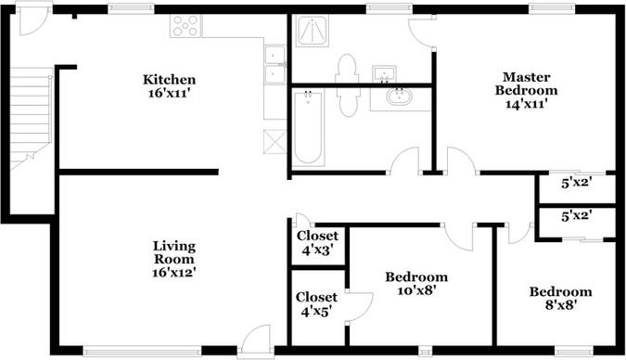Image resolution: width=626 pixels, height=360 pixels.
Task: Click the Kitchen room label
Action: (x=168, y=79)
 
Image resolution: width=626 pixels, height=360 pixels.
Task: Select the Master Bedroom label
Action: (x=526, y=84)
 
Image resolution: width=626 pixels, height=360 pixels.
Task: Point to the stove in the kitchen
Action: (x=185, y=26)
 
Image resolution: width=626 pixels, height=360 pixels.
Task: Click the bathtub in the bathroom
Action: (x=307, y=127)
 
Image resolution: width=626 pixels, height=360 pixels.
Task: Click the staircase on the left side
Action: (x=31, y=116)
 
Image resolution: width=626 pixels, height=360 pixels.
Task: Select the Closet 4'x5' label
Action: (x=316, y=303)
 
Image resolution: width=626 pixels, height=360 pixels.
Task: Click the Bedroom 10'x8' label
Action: (x=416, y=283)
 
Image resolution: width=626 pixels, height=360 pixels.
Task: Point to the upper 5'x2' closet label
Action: (x=576, y=183)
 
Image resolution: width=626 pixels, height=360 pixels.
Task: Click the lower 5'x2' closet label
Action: (x=576, y=215)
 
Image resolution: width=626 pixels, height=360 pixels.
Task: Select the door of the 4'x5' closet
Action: (x=360, y=306)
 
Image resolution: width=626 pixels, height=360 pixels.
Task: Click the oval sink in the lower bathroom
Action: (x=400, y=95)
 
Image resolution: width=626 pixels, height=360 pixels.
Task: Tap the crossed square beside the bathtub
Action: (x=275, y=142)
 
